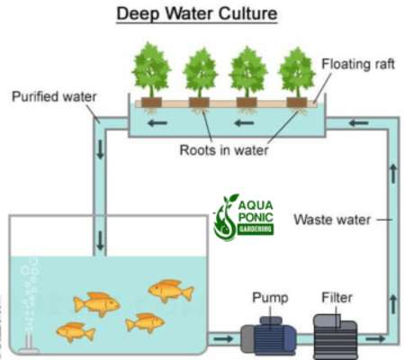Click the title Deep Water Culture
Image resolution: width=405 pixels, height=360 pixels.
202,14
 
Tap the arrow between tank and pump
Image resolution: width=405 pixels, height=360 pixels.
222,339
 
